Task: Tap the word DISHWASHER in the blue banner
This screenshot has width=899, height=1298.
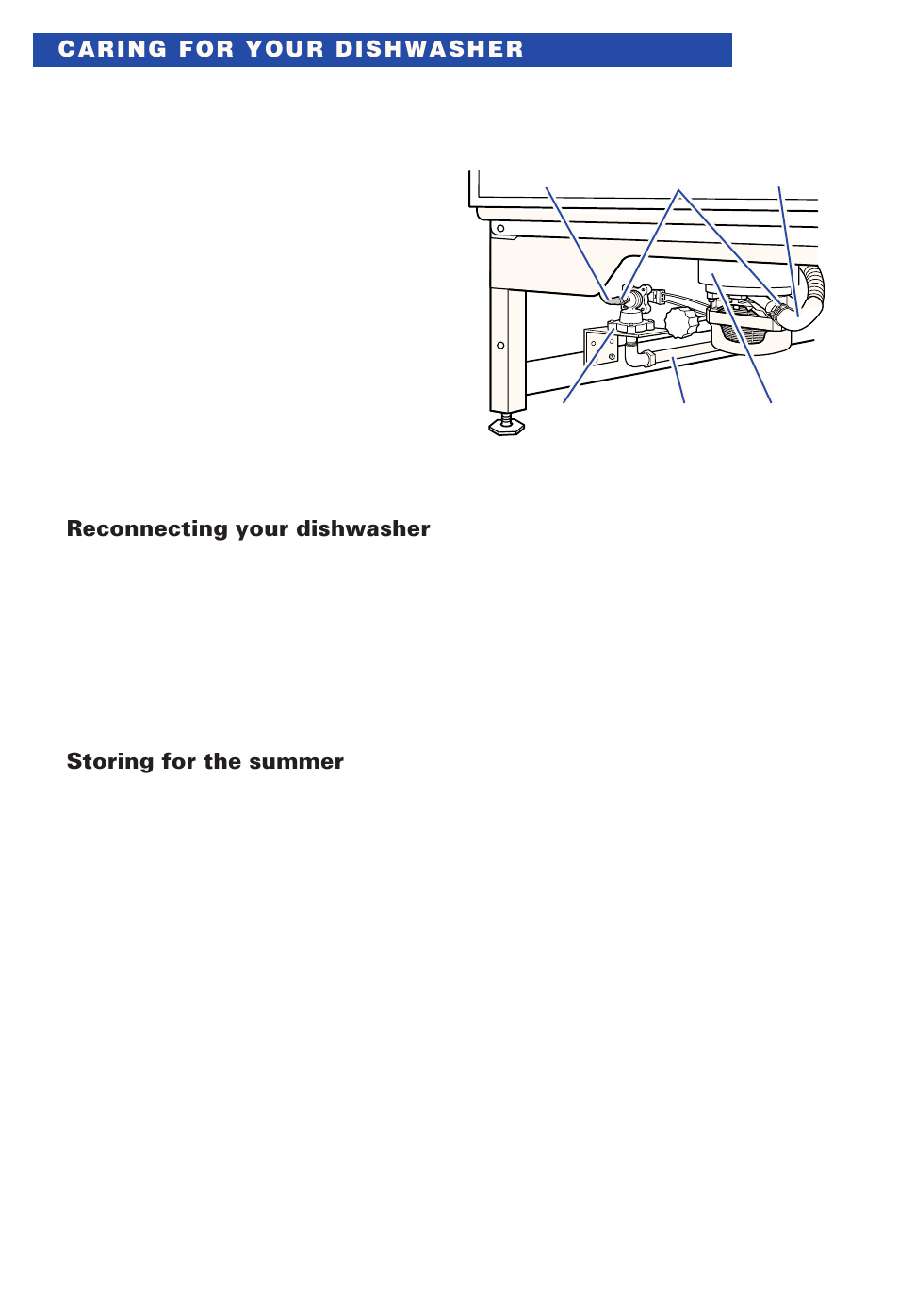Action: (x=429, y=50)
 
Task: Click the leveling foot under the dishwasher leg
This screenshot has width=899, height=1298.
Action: (x=506, y=426)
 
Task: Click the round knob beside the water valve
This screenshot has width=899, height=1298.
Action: (x=680, y=323)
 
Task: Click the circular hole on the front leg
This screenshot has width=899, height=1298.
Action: (x=500, y=346)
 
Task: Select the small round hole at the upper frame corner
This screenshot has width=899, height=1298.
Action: (x=500, y=229)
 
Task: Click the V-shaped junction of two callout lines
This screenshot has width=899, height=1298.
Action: (x=678, y=191)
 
